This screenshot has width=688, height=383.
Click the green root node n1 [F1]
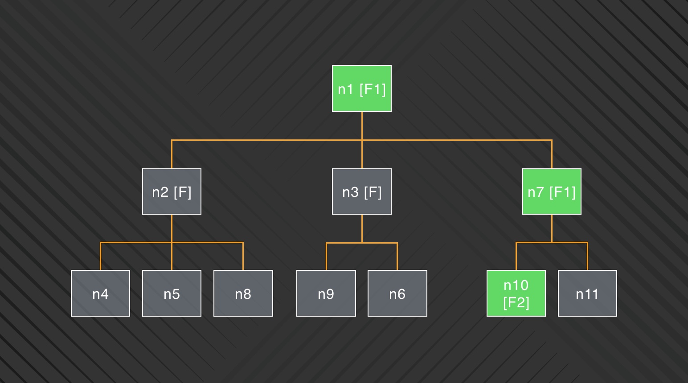(x=362, y=88)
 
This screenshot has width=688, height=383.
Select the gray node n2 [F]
(x=172, y=191)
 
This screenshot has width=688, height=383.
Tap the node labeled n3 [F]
(x=362, y=191)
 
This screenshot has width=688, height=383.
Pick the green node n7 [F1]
(x=552, y=191)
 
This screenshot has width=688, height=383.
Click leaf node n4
(x=100, y=293)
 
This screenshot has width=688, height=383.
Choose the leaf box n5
(x=172, y=293)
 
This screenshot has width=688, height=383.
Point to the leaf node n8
(x=243, y=293)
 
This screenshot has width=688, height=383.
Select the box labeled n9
(x=326, y=293)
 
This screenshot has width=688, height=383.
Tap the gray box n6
(x=397, y=293)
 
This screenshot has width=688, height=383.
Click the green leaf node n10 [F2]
(x=516, y=293)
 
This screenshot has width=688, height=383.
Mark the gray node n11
(x=588, y=293)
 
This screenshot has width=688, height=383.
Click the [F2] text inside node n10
(x=516, y=302)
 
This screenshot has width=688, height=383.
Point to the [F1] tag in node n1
(x=373, y=90)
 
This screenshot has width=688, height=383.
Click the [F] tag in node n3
(x=373, y=192)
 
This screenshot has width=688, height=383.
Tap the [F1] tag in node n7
(x=562, y=192)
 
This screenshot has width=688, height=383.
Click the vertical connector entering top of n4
(x=100, y=256)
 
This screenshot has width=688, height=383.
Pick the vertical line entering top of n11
(x=588, y=256)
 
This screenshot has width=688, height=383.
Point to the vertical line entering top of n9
(x=326, y=256)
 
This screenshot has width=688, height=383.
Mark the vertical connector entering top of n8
(x=243, y=256)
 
